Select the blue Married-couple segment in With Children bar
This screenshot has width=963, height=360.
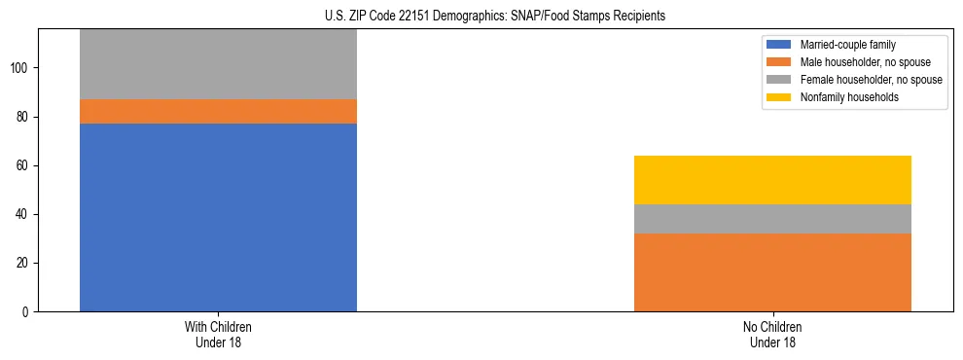tap(218, 217)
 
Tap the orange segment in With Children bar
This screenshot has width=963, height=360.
tap(218, 111)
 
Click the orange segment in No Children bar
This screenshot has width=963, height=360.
tap(772, 272)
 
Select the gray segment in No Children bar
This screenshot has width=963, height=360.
tap(772, 219)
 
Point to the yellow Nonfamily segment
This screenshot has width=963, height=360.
tap(772, 180)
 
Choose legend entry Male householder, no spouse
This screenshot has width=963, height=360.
tap(866, 62)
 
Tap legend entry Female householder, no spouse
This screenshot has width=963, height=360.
tap(871, 80)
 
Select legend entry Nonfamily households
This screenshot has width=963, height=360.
tap(849, 97)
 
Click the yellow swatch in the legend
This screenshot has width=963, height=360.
tap(779, 97)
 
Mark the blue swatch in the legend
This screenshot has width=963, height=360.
tap(779, 45)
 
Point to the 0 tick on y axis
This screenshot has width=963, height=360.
tap(26, 312)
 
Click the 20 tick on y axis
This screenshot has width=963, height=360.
tap(23, 264)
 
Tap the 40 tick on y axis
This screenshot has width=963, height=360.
tap(23, 215)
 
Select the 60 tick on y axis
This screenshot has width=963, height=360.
tap(23, 166)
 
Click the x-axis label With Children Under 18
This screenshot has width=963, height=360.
tap(218, 335)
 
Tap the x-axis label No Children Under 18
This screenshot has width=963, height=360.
tap(772, 335)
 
